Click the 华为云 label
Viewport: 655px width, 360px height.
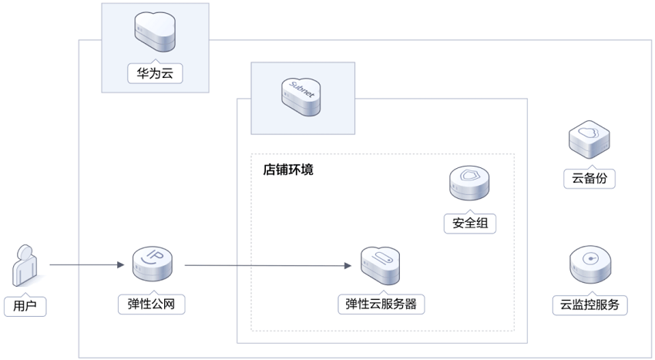[x=155, y=73]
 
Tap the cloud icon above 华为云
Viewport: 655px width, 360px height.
[x=155, y=32]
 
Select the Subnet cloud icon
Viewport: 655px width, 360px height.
[x=301, y=96]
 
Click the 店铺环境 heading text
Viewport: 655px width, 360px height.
[x=288, y=170]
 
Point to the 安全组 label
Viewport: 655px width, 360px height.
[x=470, y=223]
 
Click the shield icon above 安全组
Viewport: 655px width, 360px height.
[x=469, y=183]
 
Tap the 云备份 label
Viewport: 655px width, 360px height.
[x=589, y=179]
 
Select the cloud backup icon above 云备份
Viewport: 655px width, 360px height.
[x=589, y=140]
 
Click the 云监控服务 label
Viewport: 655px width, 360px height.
[x=589, y=304]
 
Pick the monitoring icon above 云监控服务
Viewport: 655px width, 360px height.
[x=590, y=264]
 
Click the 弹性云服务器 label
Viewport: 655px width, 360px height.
[x=381, y=304]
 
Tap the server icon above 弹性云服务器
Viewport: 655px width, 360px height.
[x=380, y=266]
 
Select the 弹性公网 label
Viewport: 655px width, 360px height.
[x=151, y=304]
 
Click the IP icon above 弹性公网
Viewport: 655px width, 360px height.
[x=153, y=264]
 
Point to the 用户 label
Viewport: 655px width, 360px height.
[x=25, y=306]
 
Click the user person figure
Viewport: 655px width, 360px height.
[x=24, y=266]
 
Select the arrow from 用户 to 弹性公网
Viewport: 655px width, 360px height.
[x=87, y=264]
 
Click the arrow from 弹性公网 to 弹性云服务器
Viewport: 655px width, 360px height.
[x=267, y=265]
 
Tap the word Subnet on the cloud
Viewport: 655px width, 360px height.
[x=301, y=89]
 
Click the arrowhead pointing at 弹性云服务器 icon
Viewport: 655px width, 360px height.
[x=348, y=265]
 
